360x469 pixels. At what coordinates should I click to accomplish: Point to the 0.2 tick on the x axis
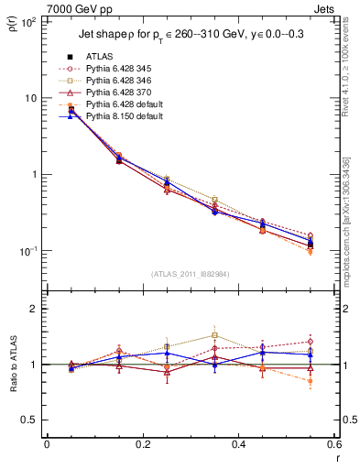[142, 444]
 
